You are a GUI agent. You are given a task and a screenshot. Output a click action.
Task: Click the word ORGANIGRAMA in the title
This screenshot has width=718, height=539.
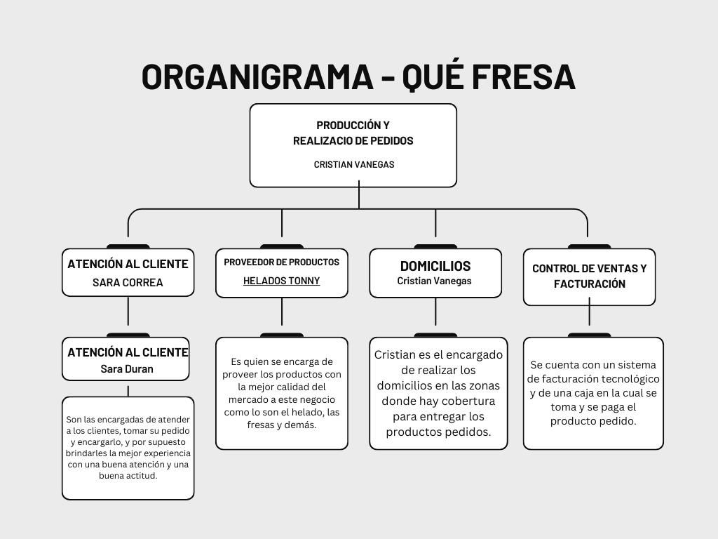pos(257,77)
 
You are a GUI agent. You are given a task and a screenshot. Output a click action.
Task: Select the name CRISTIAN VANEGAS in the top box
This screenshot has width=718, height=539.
pos(353,164)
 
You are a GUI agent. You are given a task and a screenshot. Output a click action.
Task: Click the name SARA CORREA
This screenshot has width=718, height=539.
pos(128,283)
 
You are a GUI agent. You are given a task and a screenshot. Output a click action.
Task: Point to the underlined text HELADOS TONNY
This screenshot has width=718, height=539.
pos(281,281)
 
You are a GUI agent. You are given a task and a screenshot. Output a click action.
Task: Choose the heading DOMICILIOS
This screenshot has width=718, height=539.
pos(435,266)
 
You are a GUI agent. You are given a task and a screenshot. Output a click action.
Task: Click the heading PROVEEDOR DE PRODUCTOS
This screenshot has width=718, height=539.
pos(281,262)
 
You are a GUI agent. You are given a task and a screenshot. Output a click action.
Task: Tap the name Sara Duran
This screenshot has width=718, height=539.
pos(126,368)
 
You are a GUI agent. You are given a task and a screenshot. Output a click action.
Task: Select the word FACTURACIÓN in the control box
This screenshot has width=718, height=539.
pos(589,284)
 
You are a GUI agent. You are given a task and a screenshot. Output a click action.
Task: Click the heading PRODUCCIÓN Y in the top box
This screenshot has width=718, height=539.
pos(353,125)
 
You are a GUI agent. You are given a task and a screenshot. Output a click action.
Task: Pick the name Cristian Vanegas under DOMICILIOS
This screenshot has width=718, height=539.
pos(434,281)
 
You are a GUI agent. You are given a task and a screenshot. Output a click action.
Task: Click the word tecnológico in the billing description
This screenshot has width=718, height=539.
pos(626,379)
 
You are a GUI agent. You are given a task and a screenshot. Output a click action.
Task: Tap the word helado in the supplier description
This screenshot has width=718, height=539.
pos(305,412)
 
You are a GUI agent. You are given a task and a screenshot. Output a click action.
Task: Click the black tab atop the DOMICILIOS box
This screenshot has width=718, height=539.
pos(435,246)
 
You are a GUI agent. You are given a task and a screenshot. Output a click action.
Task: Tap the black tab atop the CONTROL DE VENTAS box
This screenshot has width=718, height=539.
pos(589,246)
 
